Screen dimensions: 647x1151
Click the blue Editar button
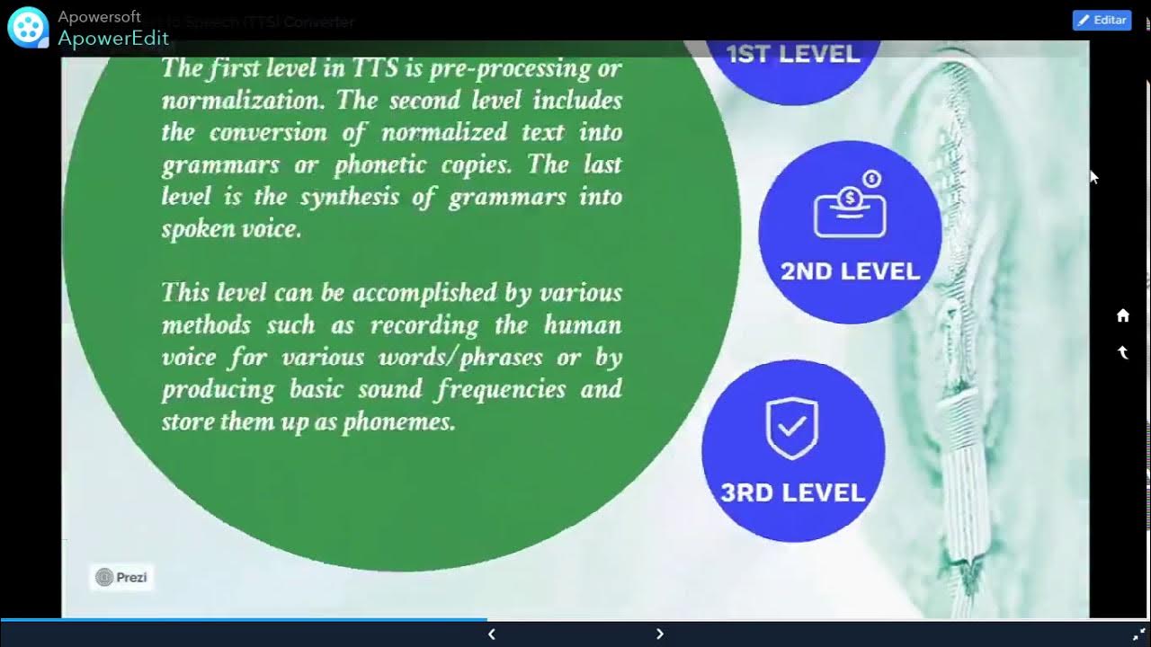[x=1102, y=20]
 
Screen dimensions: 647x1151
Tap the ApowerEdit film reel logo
[x=27, y=26]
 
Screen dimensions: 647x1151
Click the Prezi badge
[x=121, y=577]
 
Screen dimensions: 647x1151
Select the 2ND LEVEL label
[x=850, y=271]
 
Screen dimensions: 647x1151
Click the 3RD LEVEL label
[x=792, y=492]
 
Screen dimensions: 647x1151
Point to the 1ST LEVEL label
[x=792, y=54]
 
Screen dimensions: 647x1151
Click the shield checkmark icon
[x=791, y=429]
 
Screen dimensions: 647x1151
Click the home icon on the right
[x=1123, y=315]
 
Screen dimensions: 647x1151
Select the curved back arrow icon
[x=1123, y=352]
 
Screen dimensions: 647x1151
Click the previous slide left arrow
[x=491, y=634]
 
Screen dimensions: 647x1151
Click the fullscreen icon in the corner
[x=1138, y=634]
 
